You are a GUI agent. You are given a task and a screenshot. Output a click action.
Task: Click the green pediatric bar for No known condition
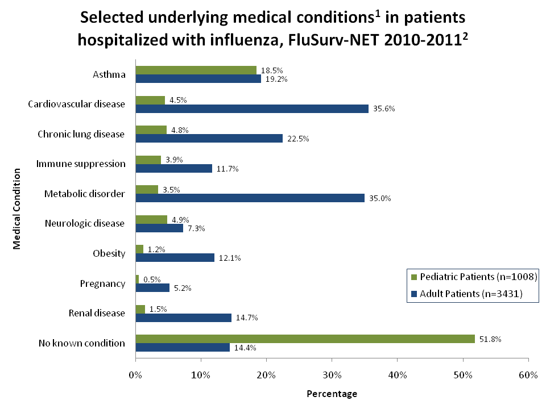point(305,339)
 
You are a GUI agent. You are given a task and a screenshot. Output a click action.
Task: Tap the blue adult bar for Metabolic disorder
point(250,198)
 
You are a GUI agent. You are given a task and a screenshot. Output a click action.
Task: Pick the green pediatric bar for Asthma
point(196,70)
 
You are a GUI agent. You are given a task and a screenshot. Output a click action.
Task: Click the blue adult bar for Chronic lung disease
point(209,139)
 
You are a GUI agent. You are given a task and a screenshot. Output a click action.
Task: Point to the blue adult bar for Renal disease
point(183,318)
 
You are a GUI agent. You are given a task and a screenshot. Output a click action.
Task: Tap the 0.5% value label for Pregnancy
point(152,279)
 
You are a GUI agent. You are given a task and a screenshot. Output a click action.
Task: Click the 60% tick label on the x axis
point(528,375)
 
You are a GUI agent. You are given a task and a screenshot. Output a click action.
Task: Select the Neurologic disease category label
point(85,223)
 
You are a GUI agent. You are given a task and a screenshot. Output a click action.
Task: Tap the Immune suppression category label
point(81,164)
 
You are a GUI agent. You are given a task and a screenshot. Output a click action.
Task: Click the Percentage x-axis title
point(332,394)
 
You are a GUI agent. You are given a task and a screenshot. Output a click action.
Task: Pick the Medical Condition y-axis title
point(17,208)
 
